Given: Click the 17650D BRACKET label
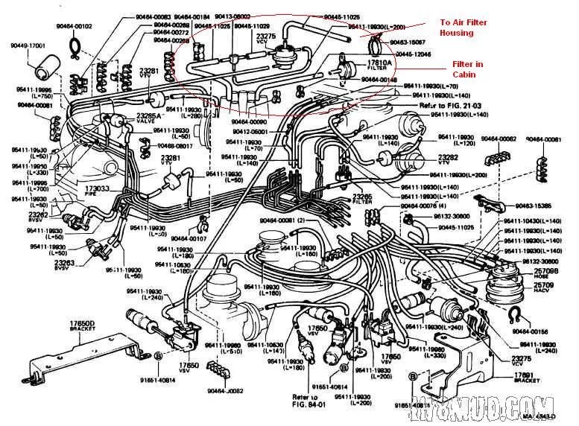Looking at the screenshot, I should pos(80,325).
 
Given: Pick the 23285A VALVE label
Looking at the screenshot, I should pos(151,118).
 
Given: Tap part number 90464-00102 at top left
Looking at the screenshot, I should pos(75,26).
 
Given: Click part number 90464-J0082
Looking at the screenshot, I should pos(227,391).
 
